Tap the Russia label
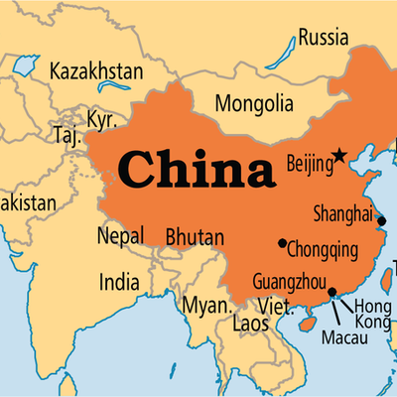pos(323,38)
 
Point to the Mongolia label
pos(256,102)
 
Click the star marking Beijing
pos(339,155)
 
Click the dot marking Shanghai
pos(382,221)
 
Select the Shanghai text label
pos(342,213)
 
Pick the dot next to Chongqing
pos(283,243)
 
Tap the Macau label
pos(343,337)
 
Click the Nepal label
pos(119,236)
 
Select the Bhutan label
pos(194,237)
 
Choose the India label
pos(118,283)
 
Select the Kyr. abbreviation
pos(101,119)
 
